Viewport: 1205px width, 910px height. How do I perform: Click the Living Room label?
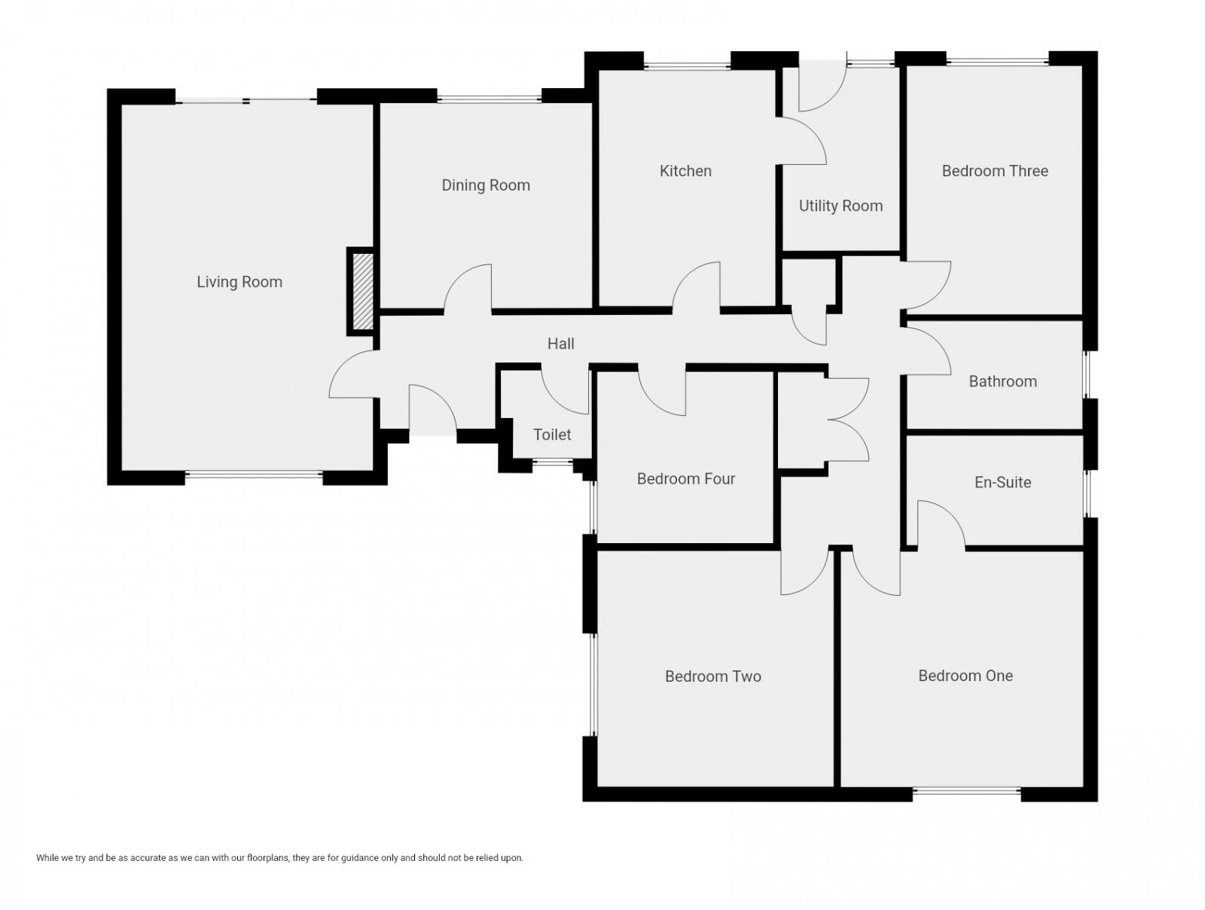coord(239,282)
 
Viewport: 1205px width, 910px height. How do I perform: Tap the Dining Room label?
coord(486,185)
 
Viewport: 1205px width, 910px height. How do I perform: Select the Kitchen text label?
coord(685,171)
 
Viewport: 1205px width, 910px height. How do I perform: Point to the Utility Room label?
coord(840,206)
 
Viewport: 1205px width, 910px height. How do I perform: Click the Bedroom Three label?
coord(995,171)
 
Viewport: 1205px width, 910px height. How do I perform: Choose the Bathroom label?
coord(1002,381)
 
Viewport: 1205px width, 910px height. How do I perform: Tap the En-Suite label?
coord(1002,482)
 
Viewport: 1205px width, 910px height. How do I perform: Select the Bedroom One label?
coord(966,676)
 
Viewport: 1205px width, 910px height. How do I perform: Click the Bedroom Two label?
coord(712,676)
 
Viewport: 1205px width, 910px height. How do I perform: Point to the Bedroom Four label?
coord(685,478)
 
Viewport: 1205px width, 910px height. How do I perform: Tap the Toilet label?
coord(552,435)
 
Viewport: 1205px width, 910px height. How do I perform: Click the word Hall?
coord(560,344)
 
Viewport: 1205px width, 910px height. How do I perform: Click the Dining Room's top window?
coord(489,98)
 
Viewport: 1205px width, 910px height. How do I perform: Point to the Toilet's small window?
coord(552,462)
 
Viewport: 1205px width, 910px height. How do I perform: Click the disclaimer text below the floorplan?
coord(279,857)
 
